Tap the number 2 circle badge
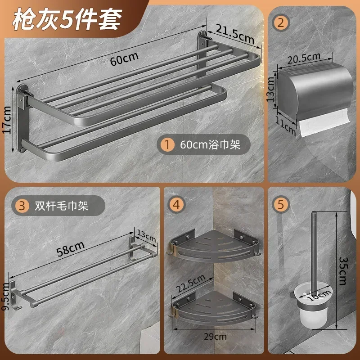coord(280,22)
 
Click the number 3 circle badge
coord(21,206)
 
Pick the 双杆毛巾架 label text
coord(63,206)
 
